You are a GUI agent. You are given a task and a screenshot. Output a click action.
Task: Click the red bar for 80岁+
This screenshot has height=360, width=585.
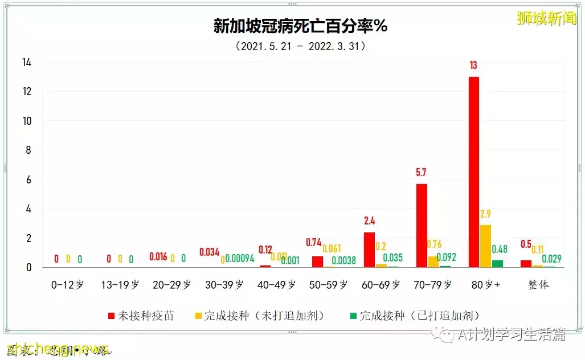pos(473,171)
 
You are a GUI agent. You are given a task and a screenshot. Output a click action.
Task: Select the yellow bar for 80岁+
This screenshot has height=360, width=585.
pos(485,246)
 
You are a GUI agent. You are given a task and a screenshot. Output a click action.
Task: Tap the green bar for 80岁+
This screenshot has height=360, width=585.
pos(497,264)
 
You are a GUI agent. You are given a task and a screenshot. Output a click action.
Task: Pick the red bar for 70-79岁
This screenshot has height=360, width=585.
pos(422,225)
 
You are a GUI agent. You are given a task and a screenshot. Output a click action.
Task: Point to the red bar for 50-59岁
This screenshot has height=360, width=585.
pos(317,261)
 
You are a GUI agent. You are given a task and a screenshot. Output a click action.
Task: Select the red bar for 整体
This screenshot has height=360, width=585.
pos(526,264)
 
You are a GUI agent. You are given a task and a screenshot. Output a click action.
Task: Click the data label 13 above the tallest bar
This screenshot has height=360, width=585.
pos(473,66)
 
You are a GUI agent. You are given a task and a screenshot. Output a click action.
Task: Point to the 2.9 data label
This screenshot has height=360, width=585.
pos(485,214)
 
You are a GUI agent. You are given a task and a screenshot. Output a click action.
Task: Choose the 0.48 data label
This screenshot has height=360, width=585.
pos(500,249)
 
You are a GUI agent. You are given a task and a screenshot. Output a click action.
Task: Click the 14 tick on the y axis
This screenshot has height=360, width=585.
pos(27,63)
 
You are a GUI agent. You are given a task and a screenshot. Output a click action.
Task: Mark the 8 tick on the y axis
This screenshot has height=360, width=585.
pos(29,150)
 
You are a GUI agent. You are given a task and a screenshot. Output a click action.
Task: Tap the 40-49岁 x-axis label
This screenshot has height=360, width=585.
pos(276,285)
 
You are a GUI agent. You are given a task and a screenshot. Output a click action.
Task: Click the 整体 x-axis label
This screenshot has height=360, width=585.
pos(538,285)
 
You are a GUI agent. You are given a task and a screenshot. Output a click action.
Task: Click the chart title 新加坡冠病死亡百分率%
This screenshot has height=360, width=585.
pos(300,26)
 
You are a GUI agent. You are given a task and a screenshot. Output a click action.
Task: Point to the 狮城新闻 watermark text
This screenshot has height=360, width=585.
pos(546,18)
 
